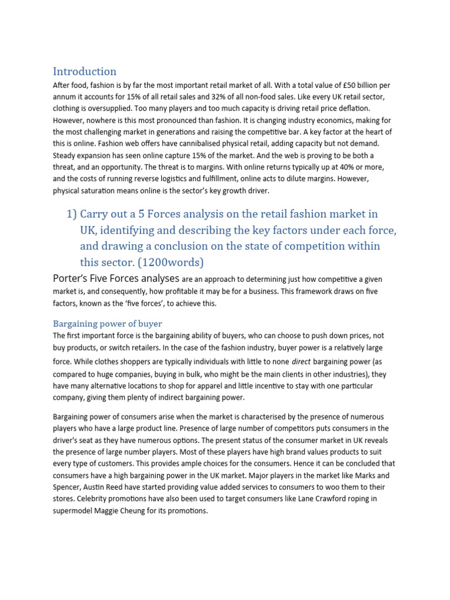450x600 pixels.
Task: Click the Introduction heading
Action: tap(84, 71)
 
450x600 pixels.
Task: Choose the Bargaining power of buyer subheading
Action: tap(107, 323)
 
